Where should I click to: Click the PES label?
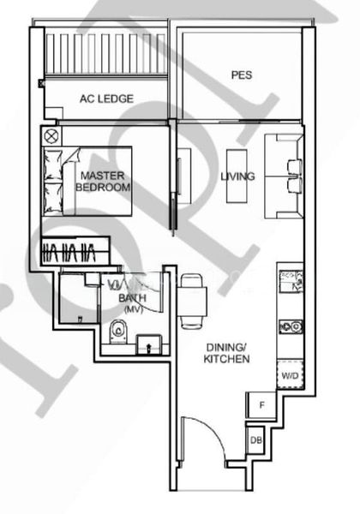coord(241,75)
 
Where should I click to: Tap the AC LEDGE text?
coord(106,99)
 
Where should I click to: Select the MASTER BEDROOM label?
coord(103,181)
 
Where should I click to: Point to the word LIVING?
coord(237,176)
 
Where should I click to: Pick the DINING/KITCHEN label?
coord(226,353)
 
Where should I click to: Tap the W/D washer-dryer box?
coord(289,375)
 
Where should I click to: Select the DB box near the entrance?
coord(255,440)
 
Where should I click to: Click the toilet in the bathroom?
coord(119,329)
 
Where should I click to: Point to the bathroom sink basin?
coord(147,344)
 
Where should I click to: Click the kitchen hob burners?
coord(290,326)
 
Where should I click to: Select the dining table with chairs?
coord(191,300)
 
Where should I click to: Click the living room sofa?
coord(284,176)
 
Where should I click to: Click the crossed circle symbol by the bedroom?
coord(51,135)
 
